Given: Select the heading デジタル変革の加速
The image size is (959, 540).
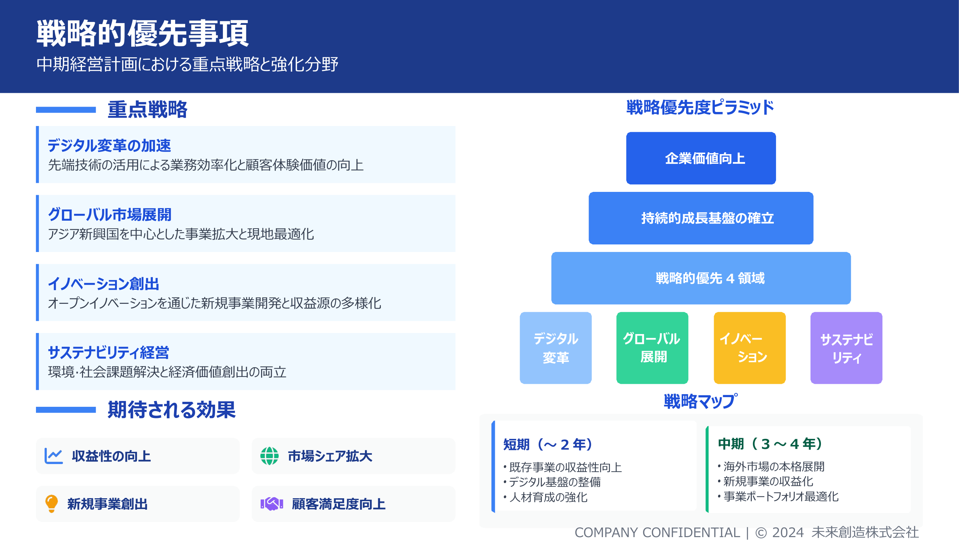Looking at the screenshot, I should pos(109,145).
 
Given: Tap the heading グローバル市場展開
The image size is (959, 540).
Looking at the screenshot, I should pos(109,215).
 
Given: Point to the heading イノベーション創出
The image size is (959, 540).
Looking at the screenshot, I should pos(104,284).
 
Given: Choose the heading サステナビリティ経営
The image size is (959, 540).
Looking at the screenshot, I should pos(108,352).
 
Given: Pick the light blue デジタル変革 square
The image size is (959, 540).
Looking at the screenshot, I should pos(556,348).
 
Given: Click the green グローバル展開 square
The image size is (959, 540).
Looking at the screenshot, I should pos(652,348).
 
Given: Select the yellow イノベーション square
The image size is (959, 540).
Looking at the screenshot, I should pos(749,348).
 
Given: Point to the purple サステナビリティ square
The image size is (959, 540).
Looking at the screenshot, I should pos(846,348).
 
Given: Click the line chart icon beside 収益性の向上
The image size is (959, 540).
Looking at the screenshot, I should pos(54,456).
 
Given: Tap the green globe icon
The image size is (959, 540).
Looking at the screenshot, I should pos(269,456).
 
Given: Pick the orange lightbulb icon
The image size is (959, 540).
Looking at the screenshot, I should pos(51,504).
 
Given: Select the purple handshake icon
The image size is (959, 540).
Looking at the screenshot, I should pos(272,504).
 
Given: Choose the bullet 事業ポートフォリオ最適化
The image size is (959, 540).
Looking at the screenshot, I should pos(781,496).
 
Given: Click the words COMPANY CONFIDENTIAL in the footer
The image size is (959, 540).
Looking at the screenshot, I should pos(657,532).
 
